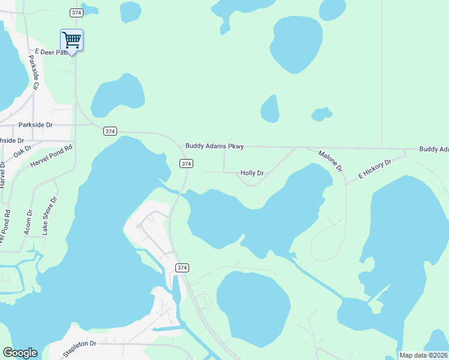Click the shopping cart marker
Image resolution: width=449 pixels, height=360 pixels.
pyautogui.click(x=71, y=40)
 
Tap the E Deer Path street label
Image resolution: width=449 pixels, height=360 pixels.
pyautogui.click(x=52, y=53)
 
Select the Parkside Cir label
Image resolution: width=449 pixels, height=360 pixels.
pyautogui.click(x=34, y=73)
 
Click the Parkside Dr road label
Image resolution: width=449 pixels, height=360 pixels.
pyautogui.click(x=36, y=125)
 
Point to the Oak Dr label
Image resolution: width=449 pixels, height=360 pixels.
pyautogui.click(x=22, y=151)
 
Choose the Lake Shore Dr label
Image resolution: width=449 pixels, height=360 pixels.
pyautogui.click(x=49, y=214)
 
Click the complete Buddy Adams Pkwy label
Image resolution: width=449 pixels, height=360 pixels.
pyautogui.click(x=214, y=146)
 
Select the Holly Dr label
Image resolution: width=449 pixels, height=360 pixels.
pyautogui.click(x=252, y=173)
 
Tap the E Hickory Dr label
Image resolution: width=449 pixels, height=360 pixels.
pyautogui.click(x=375, y=169)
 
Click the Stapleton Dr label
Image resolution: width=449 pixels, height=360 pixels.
pyautogui.click(x=80, y=343)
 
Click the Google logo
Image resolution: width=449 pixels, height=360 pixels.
pyautogui.click(x=20, y=353)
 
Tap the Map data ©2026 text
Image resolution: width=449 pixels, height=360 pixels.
pyautogui.click(x=423, y=355)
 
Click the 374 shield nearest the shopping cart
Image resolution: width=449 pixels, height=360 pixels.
pyautogui.click(x=76, y=12)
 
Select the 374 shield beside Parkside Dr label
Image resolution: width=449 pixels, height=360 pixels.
pyautogui.click(x=109, y=131)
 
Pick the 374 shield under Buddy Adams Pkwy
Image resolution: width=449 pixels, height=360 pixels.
pyautogui.click(x=186, y=163)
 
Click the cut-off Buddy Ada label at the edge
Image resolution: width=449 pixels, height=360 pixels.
pyautogui.click(x=433, y=149)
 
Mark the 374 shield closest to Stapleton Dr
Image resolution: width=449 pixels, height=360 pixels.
pyautogui.click(x=182, y=267)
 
